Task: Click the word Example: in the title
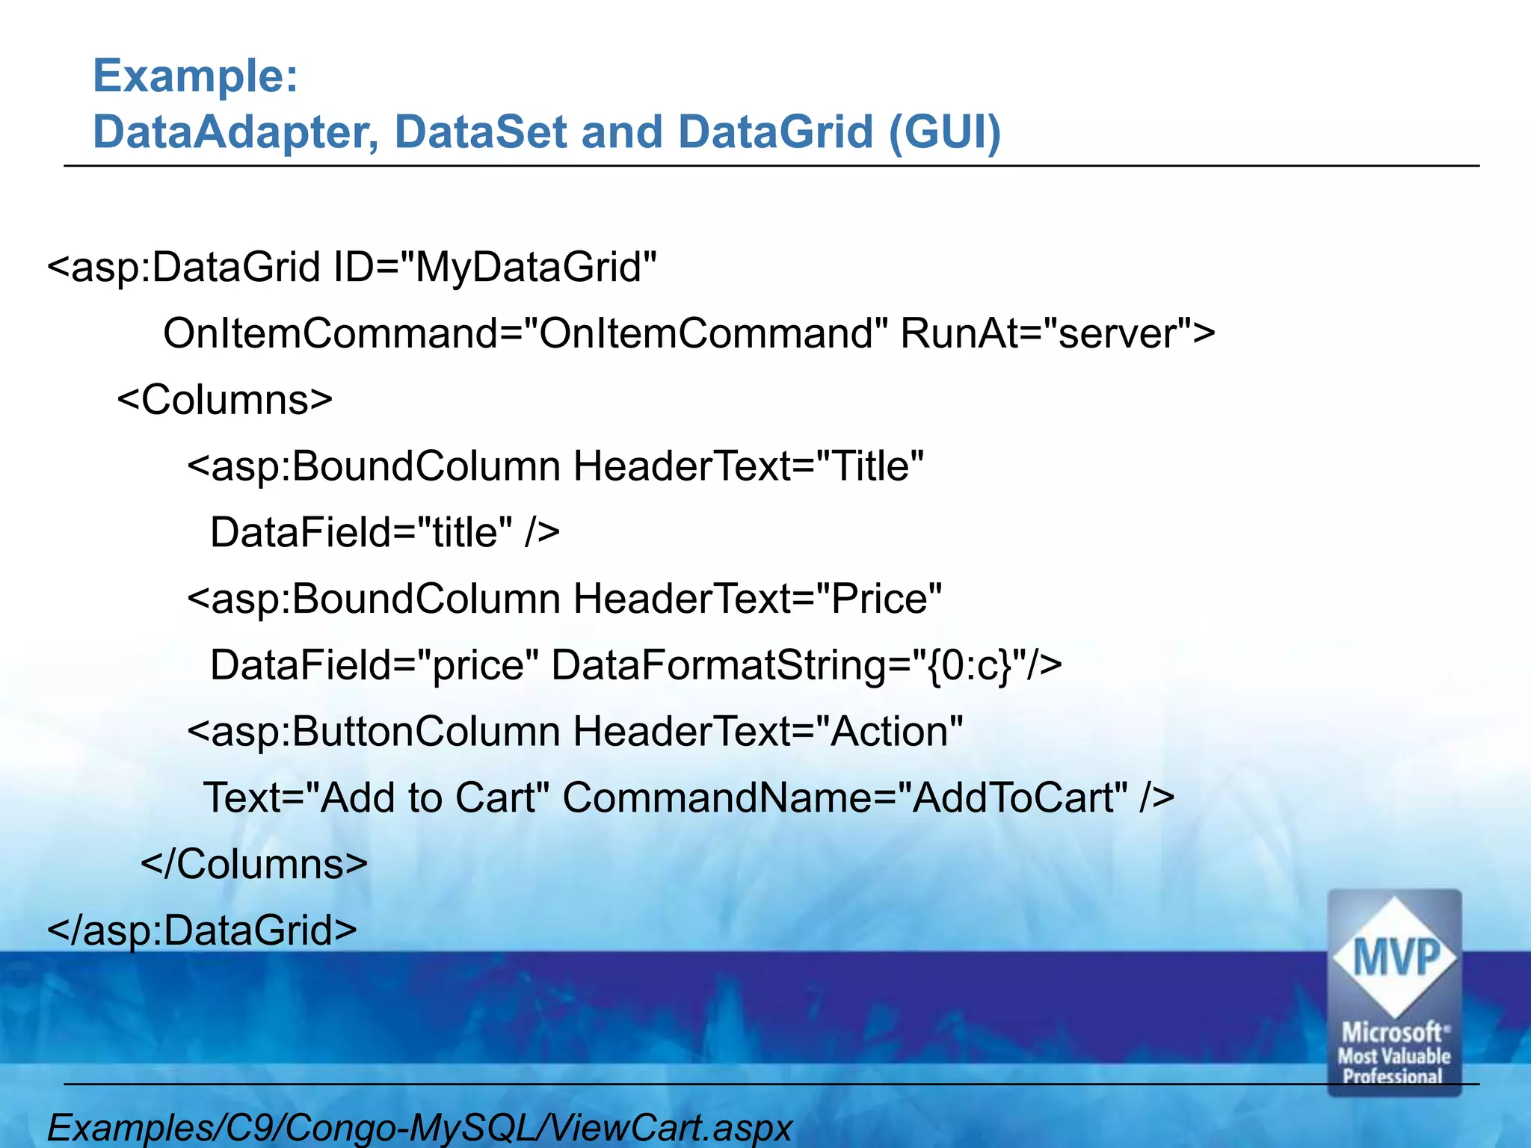click(195, 76)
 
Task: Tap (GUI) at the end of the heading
click(944, 132)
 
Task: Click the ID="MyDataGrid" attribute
click(495, 268)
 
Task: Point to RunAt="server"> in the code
click(1057, 333)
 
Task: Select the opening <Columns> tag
click(225, 400)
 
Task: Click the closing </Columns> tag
click(254, 864)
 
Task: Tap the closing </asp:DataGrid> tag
click(202, 931)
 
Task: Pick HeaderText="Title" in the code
click(748, 466)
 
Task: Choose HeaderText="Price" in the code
click(757, 599)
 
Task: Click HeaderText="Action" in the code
click(768, 731)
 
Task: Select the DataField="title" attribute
click(362, 533)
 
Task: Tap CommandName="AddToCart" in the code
click(845, 797)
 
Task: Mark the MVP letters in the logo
click(1395, 957)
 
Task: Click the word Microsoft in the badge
click(1392, 1033)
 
